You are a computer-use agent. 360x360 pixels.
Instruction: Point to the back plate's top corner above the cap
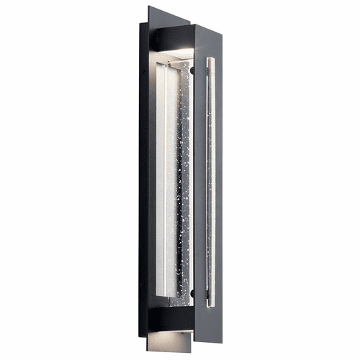point(150,9)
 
